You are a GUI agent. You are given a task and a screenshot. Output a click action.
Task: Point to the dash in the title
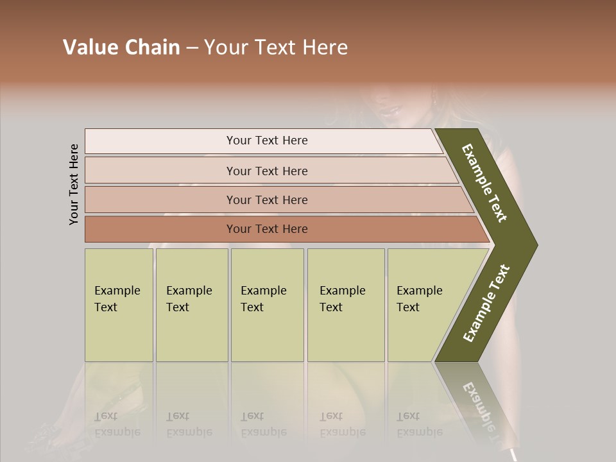pyautogui.click(x=192, y=48)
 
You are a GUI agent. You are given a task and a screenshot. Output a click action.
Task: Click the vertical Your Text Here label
pyautogui.click(x=74, y=184)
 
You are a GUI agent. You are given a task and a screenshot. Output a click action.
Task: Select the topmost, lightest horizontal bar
pyautogui.click(x=267, y=141)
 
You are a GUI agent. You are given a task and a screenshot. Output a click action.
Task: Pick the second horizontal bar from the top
pyautogui.click(x=267, y=171)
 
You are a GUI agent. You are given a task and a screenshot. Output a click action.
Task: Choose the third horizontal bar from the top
pyautogui.click(x=267, y=200)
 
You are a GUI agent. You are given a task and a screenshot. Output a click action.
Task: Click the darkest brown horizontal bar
pyautogui.click(x=267, y=229)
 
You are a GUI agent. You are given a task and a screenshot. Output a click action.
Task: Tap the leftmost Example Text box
pyautogui.click(x=119, y=305)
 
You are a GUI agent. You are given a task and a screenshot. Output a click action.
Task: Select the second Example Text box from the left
pyautogui.click(x=192, y=305)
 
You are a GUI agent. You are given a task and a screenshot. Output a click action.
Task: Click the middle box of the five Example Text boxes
pyautogui.click(x=267, y=305)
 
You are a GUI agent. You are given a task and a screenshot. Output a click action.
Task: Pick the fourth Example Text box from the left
pyautogui.click(x=346, y=305)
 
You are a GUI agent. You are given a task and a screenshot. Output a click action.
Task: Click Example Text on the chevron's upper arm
pyautogui.click(x=484, y=184)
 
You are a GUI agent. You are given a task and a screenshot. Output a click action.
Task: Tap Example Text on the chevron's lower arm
pyautogui.click(x=486, y=303)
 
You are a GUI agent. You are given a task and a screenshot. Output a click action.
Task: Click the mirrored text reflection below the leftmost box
pyautogui.click(x=117, y=424)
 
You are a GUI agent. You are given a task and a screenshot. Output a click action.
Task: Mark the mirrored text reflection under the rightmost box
pyautogui.click(x=419, y=424)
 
